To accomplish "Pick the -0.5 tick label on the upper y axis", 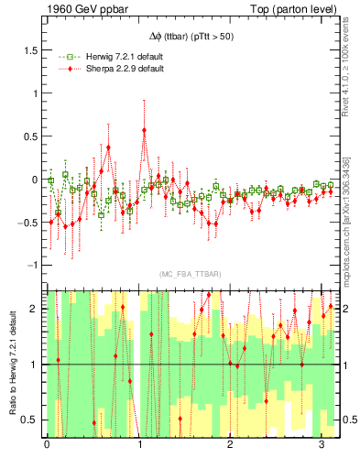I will tap(30, 222).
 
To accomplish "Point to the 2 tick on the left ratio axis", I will tap(38, 310).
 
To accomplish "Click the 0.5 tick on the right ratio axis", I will tap(348, 420).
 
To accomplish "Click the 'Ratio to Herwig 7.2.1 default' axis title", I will tap(12, 364).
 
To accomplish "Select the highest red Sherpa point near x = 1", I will tap(145, 130).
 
